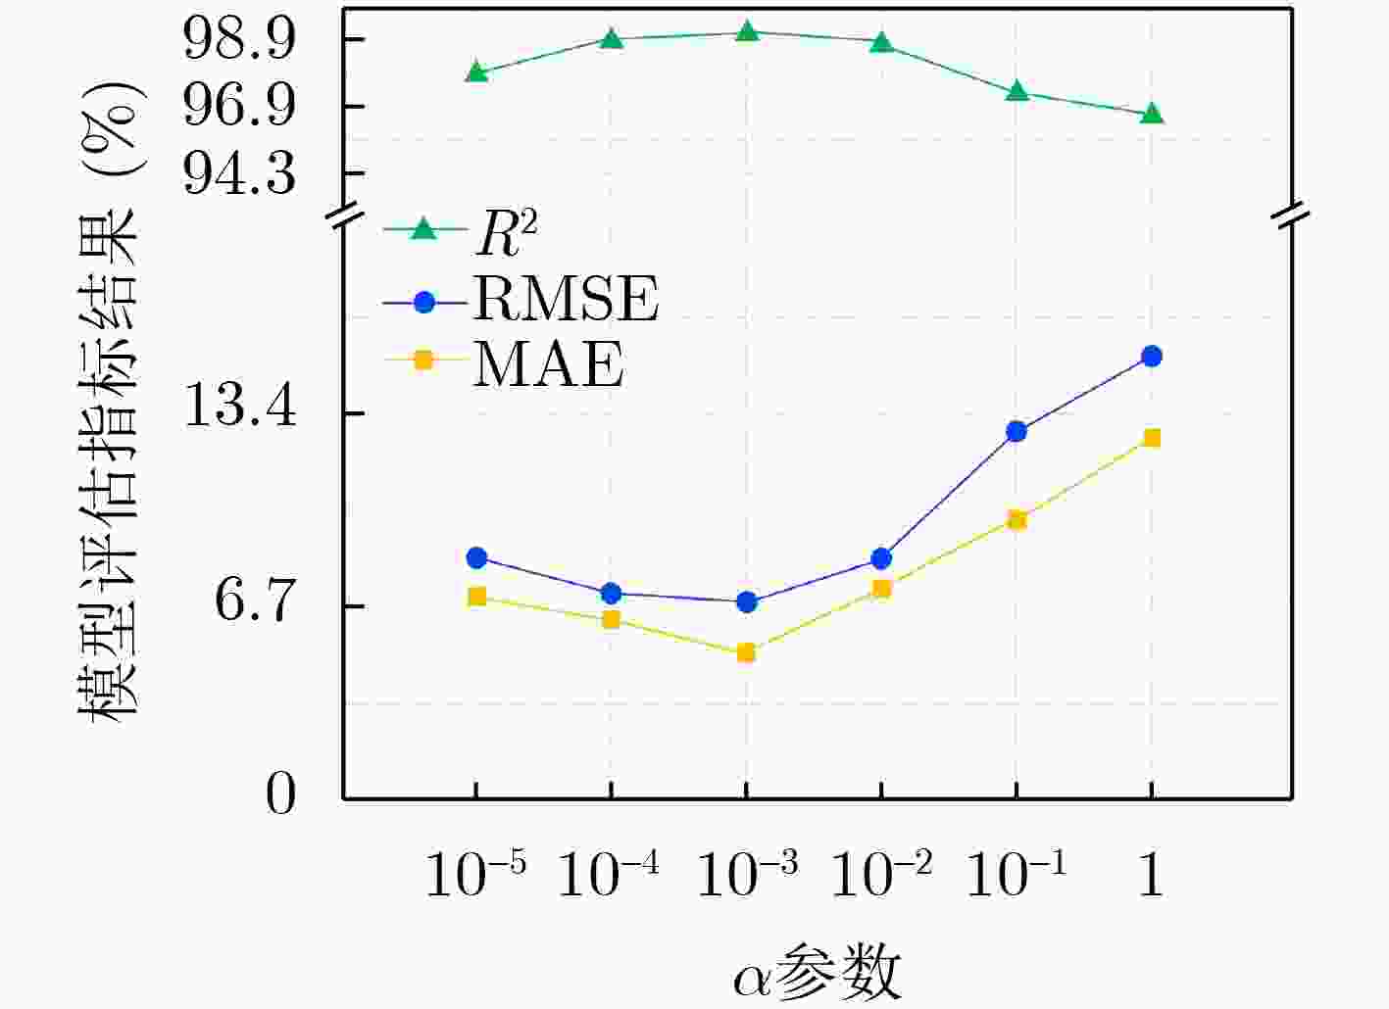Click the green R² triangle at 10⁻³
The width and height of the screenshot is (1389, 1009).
[747, 32]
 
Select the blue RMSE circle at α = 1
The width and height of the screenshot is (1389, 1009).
[1152, 356]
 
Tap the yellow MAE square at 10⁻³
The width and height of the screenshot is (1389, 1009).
[747, 652]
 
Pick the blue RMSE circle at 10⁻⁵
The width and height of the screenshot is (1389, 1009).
[476, 557]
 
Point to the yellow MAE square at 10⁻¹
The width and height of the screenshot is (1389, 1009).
[1017, 519]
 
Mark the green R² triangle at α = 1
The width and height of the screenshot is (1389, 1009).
[1152, 114]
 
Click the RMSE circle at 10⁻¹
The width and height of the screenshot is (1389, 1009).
[1017, 431]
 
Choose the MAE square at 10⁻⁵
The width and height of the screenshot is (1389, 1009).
[476, 597]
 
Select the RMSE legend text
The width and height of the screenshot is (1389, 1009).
[566, 298]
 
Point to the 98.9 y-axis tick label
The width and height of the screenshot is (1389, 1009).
[239, 40]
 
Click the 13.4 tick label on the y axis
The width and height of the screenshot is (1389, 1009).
[239, 404]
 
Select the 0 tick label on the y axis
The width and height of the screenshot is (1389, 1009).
[280, 794]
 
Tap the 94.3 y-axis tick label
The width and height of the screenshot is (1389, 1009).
[239, 174]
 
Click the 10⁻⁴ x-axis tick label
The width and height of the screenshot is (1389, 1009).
[609, 874]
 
